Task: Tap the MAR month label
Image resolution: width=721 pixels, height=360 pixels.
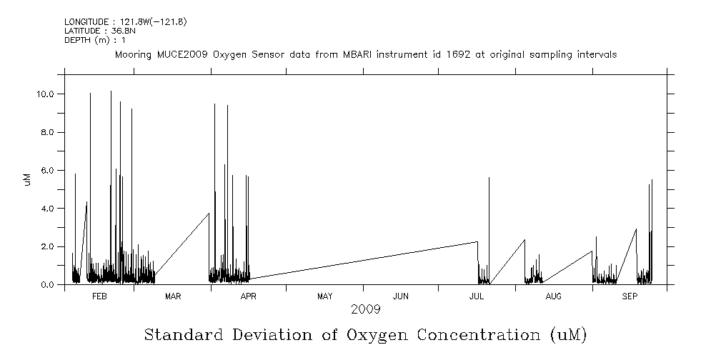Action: [172, 296]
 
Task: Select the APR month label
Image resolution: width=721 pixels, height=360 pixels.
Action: [248, 296]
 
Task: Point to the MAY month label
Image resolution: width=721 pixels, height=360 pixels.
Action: [324, 296]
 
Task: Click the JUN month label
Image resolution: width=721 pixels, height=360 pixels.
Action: [401, 296]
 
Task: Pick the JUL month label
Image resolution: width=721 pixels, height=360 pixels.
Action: [476, 296]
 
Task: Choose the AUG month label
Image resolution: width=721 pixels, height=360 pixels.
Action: [553, 296]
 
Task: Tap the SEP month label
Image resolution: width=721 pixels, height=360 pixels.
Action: [630, 296]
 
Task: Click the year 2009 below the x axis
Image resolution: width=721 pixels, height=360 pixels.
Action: [365, 309]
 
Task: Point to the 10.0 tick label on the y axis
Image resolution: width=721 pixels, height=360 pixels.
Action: [46, 94]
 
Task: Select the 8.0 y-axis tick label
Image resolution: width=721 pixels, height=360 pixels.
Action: [49, 132]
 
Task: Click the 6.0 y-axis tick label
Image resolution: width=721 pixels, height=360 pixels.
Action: [49, 170]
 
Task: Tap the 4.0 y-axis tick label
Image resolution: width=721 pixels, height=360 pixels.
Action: [49, 209]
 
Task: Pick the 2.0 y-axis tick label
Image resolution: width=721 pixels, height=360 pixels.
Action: [49, 246]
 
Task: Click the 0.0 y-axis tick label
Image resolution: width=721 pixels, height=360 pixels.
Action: [49, 284]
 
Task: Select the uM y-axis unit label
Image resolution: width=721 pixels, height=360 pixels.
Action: [27, 179]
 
